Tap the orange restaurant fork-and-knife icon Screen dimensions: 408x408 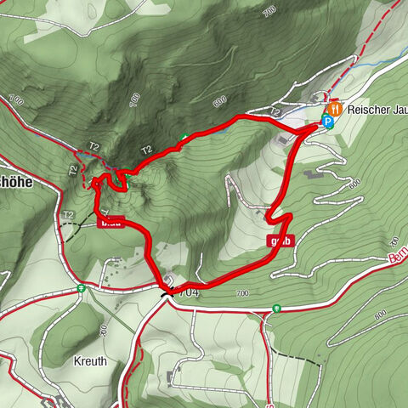pos(335,108)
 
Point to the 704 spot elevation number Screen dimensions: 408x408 pos(189,292)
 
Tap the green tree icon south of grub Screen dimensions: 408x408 pos(275,308)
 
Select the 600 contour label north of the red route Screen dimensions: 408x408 pos(220,100)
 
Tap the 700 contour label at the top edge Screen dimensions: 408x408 pos(270,10)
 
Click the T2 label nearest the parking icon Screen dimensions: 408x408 pos(275,111)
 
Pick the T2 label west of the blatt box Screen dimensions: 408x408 pos(68,214)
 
